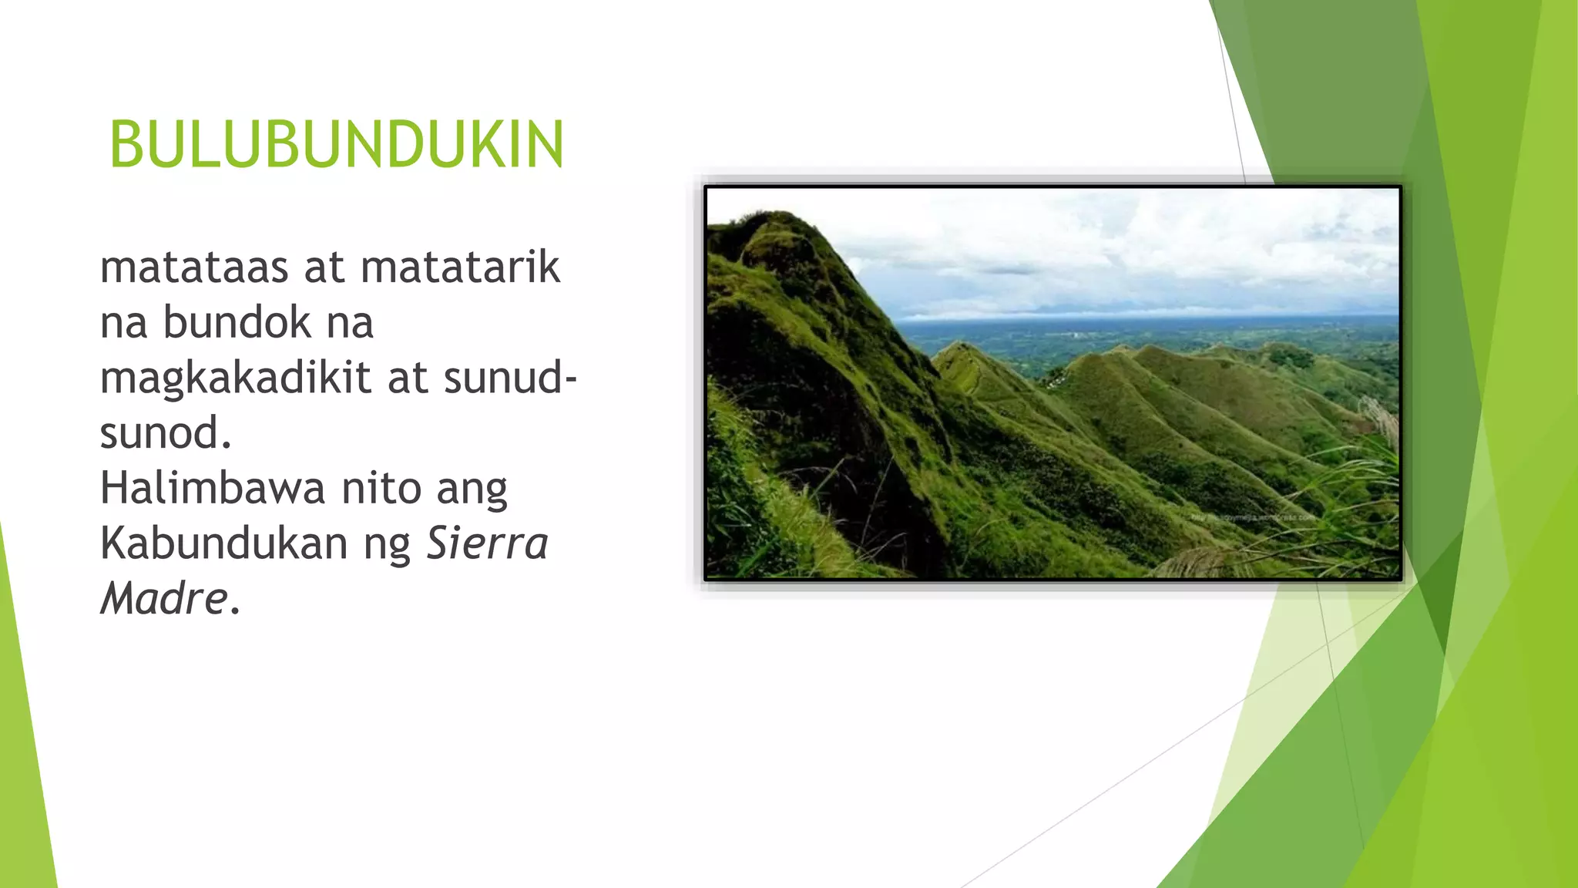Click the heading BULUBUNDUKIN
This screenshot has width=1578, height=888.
(337, 145)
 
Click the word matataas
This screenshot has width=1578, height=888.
(194, 267)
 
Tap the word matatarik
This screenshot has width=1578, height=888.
(460, 267)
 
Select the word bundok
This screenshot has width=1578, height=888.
(237, 322)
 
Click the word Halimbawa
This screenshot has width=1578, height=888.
(213, 488)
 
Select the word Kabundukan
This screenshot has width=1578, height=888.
(224, 543)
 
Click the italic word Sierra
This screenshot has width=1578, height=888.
(487, 543)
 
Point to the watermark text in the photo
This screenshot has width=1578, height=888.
(1252, 518)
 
